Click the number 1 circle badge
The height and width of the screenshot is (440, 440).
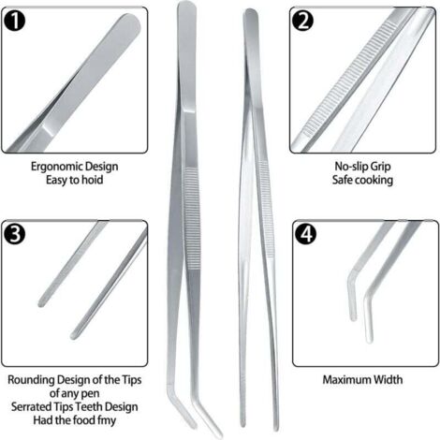(14, 21)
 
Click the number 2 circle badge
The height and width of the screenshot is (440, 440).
(302, 21)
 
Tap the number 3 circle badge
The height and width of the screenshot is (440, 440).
(14, 234)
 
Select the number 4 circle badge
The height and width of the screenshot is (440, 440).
(305, 234)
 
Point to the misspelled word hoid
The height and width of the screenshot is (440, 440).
(93, 180)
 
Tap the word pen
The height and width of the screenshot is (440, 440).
(91, 394)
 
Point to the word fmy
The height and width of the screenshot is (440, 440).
(107, 420)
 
